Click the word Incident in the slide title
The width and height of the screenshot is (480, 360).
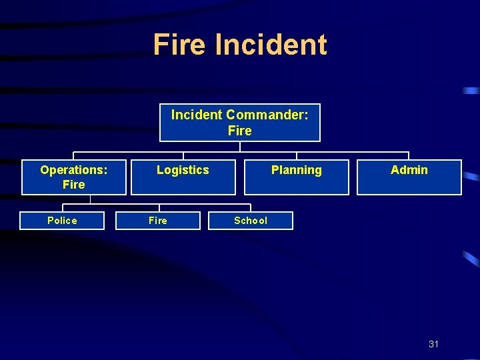tap(271, 45)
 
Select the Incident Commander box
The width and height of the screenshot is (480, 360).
tap(240, 123)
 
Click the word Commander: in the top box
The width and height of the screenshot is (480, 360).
tap(267, 115)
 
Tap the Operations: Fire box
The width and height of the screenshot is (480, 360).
tap(73, 177)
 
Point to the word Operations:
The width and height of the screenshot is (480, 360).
tap(73, 170)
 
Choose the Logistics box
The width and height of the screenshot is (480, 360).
tap(183, 177)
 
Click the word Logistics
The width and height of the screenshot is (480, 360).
tap(183, 170)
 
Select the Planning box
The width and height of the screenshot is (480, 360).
tap(296, 177)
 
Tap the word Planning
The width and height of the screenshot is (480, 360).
tap(296, 170)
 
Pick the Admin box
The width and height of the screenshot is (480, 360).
tap(409, 177)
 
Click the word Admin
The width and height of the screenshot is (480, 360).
tap(409, 170)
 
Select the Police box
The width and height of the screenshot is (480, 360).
tap(62, 221)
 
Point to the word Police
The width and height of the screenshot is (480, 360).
tap(62, 221)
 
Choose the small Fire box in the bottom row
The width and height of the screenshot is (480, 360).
tap(158, 221)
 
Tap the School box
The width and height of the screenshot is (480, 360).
tap(251, 221)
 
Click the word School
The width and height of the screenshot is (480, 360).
tap(251, 221)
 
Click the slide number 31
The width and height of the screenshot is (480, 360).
tap(434, 344)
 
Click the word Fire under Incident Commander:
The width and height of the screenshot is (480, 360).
tap(240, 131)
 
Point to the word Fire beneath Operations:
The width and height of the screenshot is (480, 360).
tap(73, 184)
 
